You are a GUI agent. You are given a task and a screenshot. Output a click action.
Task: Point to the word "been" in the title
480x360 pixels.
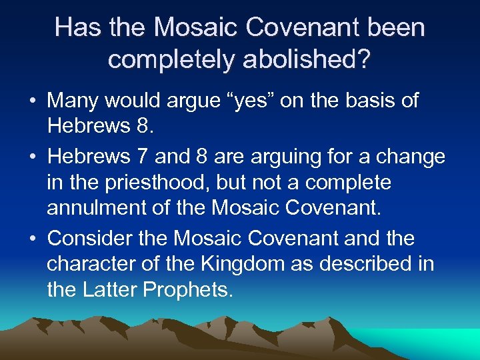point(395,27)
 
